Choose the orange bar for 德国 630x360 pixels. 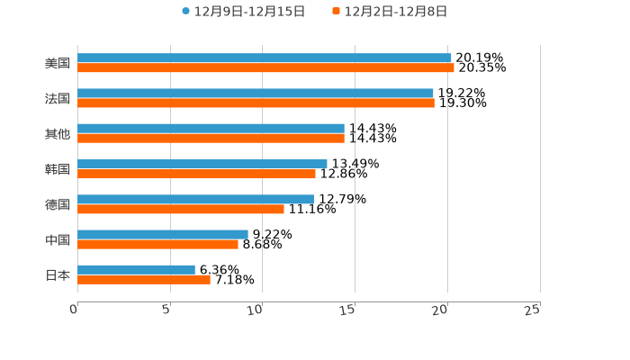click(181, 209)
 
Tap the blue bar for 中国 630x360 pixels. click(163, 234)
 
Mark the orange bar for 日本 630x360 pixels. click(144, 279)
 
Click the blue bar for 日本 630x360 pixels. click(136, 269)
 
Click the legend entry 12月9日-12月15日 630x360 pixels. click(243, 12)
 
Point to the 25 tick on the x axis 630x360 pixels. click(533, 310)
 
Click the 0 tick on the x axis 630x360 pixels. click(74, 310)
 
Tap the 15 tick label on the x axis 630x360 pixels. click(348, 310)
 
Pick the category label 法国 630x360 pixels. click(58, 98)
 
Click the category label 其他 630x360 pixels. click(58, 133)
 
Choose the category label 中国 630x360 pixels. click(58, 239)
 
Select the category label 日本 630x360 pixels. click(58, 274)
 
